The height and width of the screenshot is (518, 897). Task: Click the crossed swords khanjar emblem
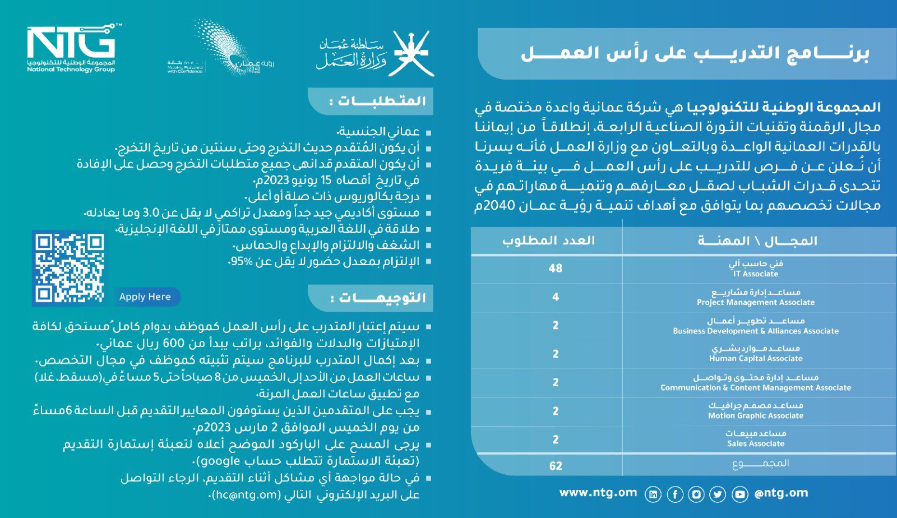[413, 53]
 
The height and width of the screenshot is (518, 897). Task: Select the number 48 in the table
[555, 269]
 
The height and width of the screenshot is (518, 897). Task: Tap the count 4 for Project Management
[555, 297]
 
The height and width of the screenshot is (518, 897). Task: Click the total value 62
[555, 466]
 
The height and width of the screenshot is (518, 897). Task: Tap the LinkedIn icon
[653, 494]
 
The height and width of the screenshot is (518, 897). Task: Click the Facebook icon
[675, 494]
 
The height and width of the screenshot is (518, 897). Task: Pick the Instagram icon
[696, 494]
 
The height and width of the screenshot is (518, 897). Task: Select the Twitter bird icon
[718, 494]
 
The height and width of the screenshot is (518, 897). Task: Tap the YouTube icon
[740, 494]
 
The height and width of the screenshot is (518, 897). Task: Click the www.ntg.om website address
[598, 493]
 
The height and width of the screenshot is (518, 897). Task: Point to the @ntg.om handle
[781, 493]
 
